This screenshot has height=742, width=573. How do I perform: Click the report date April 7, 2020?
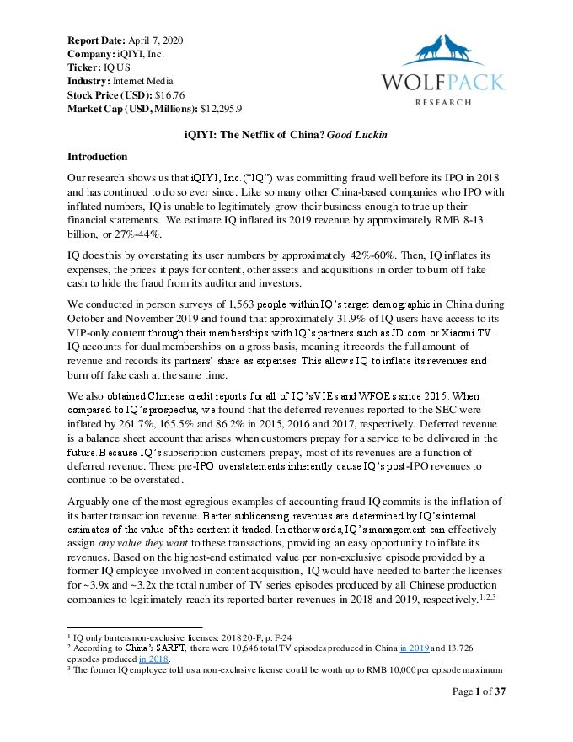click(x=156, y=40)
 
